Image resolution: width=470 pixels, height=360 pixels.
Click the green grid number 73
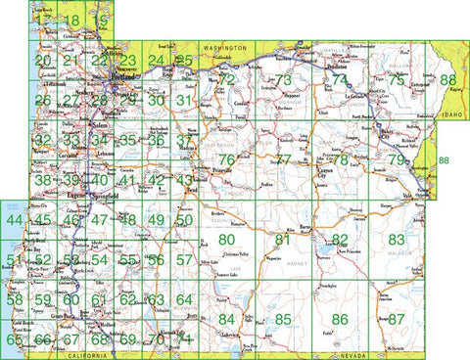point(284,80)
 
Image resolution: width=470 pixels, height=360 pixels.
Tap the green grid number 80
point(227,239)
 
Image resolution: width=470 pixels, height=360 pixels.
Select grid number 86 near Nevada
point(340,319)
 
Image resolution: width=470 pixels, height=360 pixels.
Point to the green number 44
point(14,219)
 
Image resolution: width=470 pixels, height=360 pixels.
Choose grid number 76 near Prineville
point(226,159)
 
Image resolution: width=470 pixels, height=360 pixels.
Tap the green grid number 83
point(396,239)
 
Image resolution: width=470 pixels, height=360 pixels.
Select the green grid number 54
point(99,259)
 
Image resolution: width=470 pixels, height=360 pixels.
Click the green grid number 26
point(42,100)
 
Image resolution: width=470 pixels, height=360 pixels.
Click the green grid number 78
point(340,159)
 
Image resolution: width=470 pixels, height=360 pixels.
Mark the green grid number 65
point(14,339)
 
